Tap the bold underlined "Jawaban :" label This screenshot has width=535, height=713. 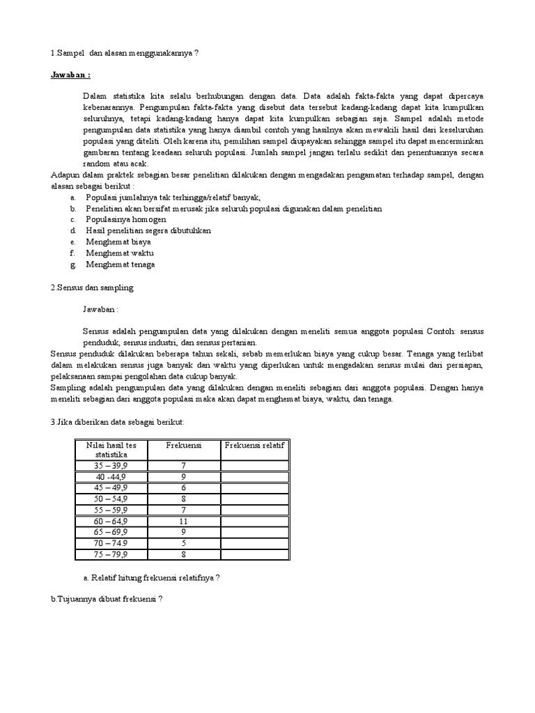71,76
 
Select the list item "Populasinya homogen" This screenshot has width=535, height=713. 125,219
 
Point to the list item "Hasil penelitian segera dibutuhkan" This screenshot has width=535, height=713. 148,230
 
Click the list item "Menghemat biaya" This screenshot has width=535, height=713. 118,242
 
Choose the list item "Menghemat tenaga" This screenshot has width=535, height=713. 120,265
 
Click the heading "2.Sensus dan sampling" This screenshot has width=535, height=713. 92,287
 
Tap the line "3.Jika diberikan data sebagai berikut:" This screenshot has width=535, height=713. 116,423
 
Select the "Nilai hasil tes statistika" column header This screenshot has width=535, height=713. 111,450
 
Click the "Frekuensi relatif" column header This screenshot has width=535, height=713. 254,445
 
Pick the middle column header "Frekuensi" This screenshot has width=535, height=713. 183,445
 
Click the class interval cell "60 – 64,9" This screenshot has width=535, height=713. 111,521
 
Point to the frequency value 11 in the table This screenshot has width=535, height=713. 183,521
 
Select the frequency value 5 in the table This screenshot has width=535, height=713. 183,543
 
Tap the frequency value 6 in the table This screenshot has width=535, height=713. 183,487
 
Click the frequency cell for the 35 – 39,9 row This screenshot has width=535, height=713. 183,465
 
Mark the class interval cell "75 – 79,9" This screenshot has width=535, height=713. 111,554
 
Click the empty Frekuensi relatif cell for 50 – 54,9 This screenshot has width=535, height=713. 254,499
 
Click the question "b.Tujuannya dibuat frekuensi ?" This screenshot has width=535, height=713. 107,599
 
